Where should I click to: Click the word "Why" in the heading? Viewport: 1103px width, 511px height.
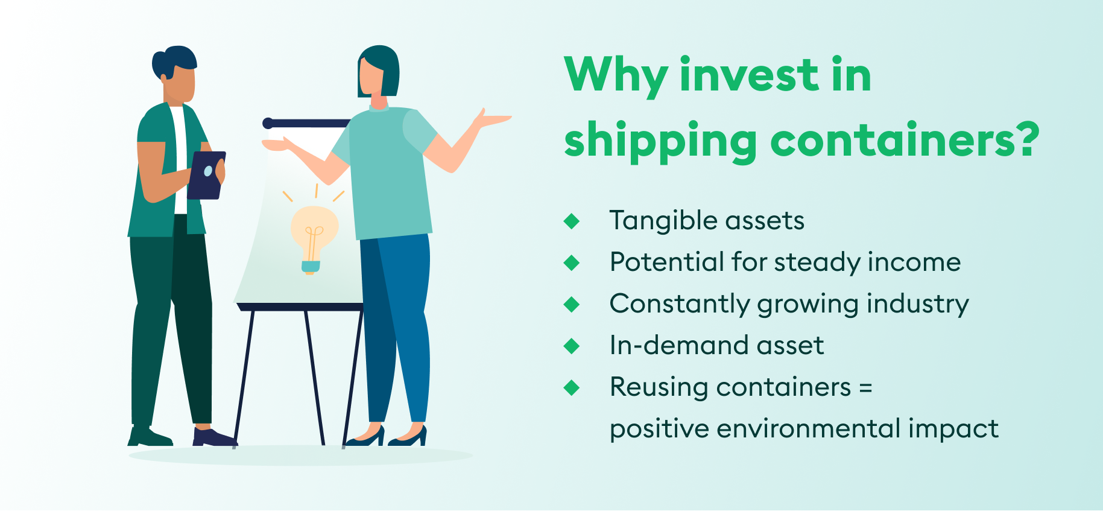(616, 75)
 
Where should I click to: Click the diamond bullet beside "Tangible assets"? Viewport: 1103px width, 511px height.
(571, 221)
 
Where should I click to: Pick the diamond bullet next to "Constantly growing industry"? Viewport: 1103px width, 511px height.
(571, 304)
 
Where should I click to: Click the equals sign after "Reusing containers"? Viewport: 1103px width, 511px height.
(865, 388)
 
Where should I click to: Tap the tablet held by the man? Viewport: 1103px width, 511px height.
(206, 174)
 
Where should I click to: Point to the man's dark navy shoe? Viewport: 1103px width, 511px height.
(213, 437)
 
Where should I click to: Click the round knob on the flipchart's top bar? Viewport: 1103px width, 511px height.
(268, 123)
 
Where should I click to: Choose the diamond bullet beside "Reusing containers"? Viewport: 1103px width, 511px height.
(571, 387)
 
